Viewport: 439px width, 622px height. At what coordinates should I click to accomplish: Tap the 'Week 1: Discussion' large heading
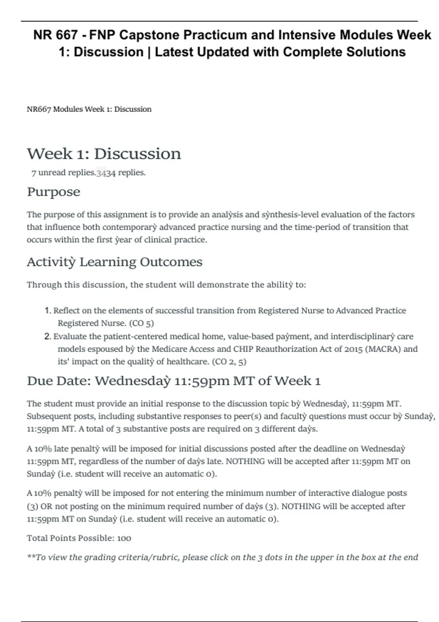pos(104,154)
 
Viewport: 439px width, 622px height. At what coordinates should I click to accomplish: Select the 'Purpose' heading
pos(53,192)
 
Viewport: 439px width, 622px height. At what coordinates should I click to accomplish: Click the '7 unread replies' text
pos(63,173)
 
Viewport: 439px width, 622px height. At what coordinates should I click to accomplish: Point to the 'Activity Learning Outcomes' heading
pos(115,262)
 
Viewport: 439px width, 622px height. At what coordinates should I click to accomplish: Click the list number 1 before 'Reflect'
pos(48,311)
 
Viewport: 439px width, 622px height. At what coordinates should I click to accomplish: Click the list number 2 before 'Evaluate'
pos(48,336)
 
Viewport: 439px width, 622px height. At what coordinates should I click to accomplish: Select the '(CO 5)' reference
pos(142,323)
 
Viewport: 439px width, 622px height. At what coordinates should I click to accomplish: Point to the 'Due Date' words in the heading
pos(59,381)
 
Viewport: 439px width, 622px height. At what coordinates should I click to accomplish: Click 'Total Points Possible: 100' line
pos(79,538)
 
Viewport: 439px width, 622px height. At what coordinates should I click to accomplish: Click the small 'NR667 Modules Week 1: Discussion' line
pos(89,109)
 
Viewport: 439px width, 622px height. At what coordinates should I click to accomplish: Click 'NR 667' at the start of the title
pos(55,35)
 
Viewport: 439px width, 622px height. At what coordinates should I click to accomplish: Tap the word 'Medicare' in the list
pos(169,349)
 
